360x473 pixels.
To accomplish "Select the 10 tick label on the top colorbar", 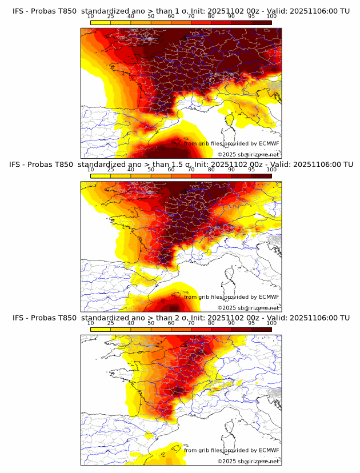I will pyautogui.click(x=90, y=17).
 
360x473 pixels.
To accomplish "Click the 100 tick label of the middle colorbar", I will pyautogui.click(x=271, y=170).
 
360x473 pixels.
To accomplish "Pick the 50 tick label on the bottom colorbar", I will pyautogui.click(x=151, y=323).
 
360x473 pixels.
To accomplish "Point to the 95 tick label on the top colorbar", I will pyautogui.click(x=251, y=17).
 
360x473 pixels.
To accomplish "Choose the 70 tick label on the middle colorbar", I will pyautogui.click(x=191, y=170).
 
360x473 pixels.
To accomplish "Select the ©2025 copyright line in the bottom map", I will pyautogui.click(x=249, y=461).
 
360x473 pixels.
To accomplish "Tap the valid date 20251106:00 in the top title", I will pyautogui.click(x=318, y=11).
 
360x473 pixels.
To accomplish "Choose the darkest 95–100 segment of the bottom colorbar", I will pyautogui.click(x=262, y=329).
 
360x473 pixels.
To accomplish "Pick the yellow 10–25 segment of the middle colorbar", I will pyautogui.click(x=101, y=176).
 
